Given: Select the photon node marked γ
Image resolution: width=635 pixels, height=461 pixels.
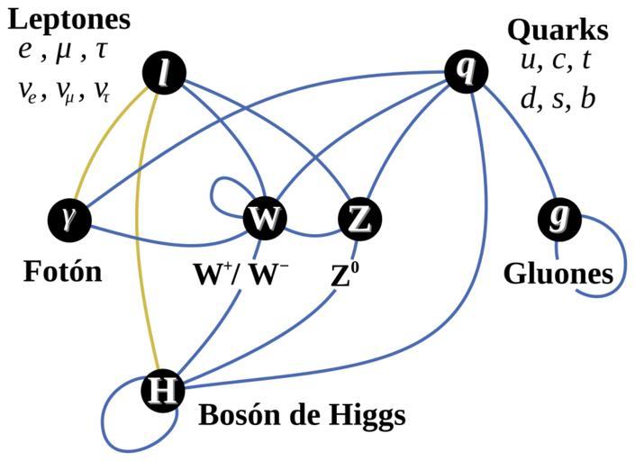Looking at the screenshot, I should pyautogui.click(x=68, y=219).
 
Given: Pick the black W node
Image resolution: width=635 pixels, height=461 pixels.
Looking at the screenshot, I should pyautogui.click(x=264, y=219).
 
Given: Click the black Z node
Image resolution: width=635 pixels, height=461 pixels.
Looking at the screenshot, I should pyautogui.click(x=359, y=219).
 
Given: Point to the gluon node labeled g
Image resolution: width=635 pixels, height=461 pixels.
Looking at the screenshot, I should pyautogui.click(x=558, y=219).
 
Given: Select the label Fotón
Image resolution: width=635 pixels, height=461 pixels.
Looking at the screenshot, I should pyautogui.click(x=62, y=271).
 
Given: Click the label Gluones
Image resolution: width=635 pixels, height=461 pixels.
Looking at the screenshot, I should pyautogui.click(x=558, y=273).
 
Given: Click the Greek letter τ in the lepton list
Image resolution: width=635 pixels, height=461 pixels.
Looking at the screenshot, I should pyautogui.click(x=101, y=50).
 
